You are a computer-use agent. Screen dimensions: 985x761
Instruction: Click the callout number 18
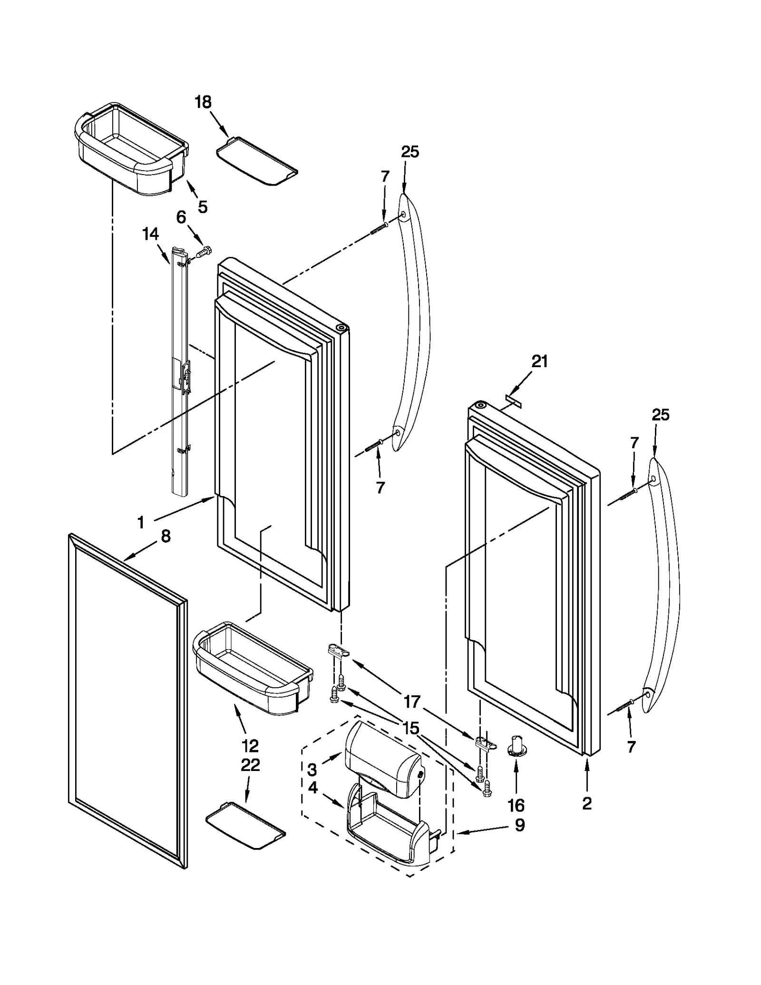203,102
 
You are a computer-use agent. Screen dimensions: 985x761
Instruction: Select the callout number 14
150,234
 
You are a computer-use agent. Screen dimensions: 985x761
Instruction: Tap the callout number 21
539,362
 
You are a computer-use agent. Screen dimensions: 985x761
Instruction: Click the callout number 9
520,825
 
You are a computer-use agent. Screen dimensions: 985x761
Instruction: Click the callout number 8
165,536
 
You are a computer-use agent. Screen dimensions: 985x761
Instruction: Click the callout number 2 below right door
586,803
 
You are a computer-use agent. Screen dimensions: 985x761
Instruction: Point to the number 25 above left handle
410,152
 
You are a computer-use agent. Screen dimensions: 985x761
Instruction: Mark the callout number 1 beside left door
141,523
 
